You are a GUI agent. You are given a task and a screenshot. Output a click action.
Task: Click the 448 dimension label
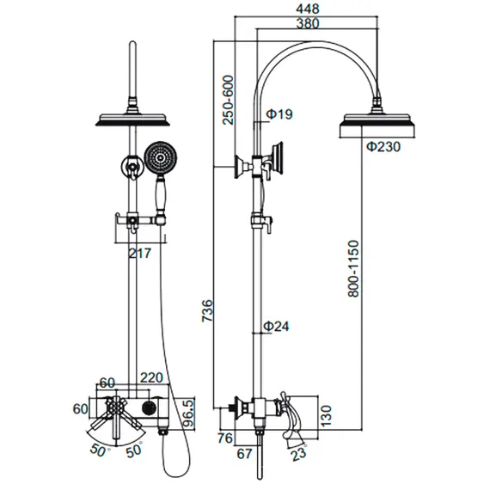[308, 9]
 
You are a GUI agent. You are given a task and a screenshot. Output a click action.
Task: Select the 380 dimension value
[308, 23]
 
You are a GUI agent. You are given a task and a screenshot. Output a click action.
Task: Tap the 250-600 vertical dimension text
[228, 100]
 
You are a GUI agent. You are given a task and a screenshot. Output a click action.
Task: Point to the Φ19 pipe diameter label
[279, 114]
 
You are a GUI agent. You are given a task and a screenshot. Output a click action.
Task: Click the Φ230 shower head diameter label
[383, 146]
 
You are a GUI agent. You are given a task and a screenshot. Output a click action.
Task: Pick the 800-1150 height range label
[353, 268]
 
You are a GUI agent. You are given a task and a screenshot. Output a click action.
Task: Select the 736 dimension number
[207, 310]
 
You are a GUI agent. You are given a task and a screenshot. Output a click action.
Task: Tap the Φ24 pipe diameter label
[277, 326]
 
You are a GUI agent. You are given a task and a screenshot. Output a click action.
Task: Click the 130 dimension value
[326, 415]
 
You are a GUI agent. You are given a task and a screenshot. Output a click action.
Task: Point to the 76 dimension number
[225, 438]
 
